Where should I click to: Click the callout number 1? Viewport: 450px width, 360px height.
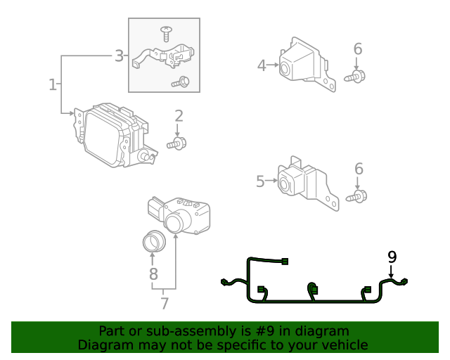point(52,84)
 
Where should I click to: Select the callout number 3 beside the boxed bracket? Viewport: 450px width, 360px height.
point(119,55)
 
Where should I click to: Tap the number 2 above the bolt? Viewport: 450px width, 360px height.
point(179,116)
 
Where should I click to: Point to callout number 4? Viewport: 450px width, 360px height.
point(262,65)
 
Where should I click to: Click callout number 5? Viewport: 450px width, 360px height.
point(260,181)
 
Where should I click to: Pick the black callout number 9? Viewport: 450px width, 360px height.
point(392,257)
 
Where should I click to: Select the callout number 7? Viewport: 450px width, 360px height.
point(165,303)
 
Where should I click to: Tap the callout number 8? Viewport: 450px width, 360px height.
point(153,274)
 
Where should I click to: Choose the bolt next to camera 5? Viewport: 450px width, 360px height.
point(358,196)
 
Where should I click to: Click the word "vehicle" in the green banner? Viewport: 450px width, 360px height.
point(344,345)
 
